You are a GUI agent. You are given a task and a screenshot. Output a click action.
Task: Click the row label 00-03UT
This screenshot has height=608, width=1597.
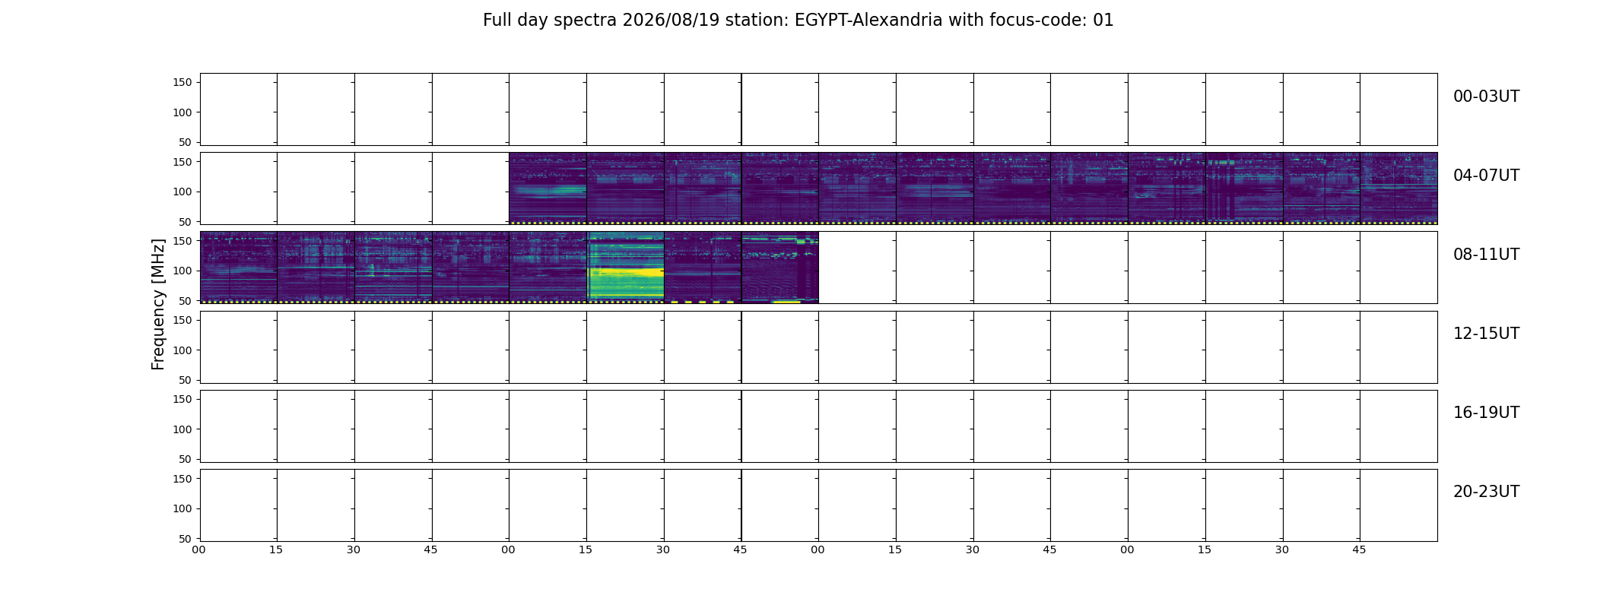tap(1486, 97)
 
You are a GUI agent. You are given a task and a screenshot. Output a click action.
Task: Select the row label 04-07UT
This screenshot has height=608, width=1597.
tap(1486, 176)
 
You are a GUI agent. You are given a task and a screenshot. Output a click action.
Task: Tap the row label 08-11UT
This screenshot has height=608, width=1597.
tap(1486, 255)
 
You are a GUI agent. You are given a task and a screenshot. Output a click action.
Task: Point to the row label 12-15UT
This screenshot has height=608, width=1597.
tap(1486, 334)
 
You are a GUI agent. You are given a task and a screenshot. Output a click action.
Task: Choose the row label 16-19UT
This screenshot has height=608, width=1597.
tap(1486, 413)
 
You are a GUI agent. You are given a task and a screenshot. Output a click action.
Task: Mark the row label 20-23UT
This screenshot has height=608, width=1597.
tap(1486, 492)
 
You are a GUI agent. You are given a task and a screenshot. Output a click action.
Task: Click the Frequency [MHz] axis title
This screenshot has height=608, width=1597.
tap(158, 305)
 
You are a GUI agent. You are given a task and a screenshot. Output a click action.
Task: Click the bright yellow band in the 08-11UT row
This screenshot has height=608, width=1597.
tap(626, 271)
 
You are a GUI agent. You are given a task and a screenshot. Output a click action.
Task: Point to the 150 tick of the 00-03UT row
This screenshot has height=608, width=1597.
tap(183, 82)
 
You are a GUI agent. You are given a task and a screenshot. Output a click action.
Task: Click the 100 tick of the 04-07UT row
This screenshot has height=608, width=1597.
tap(183, 192)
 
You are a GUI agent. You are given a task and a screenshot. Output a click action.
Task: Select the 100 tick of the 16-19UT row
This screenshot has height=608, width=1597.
tap(183, 429)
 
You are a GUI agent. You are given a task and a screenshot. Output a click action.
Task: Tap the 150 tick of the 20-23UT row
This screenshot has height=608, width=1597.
tap(183, 479)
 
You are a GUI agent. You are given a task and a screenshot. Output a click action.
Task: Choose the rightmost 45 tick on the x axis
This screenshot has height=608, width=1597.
tap(1359, 549)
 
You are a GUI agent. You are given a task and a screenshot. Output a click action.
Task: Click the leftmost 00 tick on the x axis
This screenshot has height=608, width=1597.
tap(199, 549)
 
